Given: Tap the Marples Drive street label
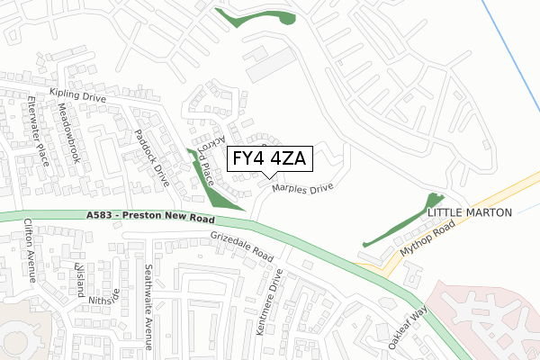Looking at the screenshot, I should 302,189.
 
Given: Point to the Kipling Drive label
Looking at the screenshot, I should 78,94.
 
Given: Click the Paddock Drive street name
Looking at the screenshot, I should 151,151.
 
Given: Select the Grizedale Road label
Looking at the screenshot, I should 241,243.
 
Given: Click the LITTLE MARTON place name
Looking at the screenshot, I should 469,212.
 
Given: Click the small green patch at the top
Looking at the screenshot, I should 256,17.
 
